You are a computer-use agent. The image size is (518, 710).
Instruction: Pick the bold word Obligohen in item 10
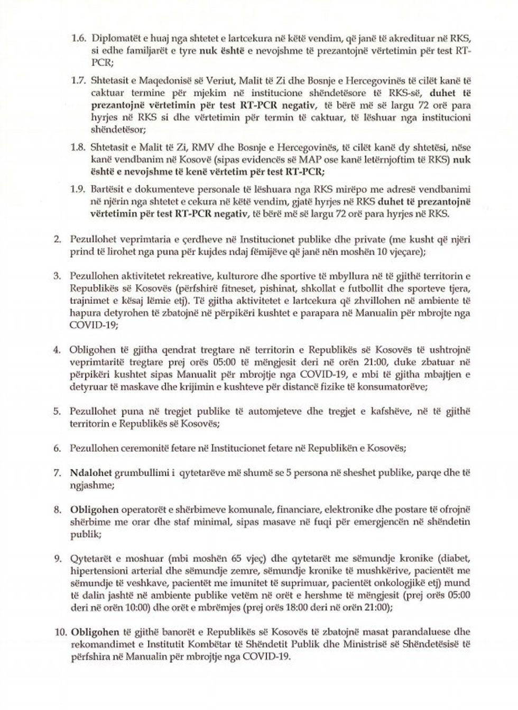coord(90,632)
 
